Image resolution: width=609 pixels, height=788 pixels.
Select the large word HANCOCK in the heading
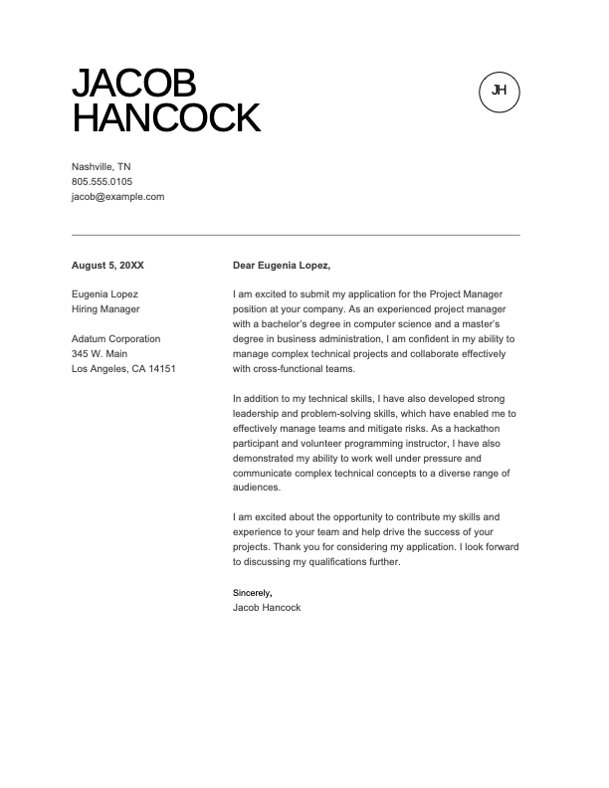point(166,118)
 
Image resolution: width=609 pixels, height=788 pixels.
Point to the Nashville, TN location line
point(101,166)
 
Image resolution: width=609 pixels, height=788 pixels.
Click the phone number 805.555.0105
point(101,182)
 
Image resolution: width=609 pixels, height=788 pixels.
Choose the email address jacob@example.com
point(117,197)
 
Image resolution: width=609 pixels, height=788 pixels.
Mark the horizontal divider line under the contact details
point(296,235)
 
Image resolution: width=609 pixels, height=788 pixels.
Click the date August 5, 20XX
point(107,266)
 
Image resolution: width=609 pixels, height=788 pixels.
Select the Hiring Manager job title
point(105,309)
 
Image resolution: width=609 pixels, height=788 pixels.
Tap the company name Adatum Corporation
point(115,339)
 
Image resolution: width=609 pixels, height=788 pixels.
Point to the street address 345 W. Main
point(100,354)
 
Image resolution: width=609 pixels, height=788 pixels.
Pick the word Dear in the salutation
point(244,266)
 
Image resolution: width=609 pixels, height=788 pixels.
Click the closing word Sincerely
point(251,593)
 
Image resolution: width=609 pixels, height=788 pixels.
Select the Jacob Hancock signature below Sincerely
point(266,607)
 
